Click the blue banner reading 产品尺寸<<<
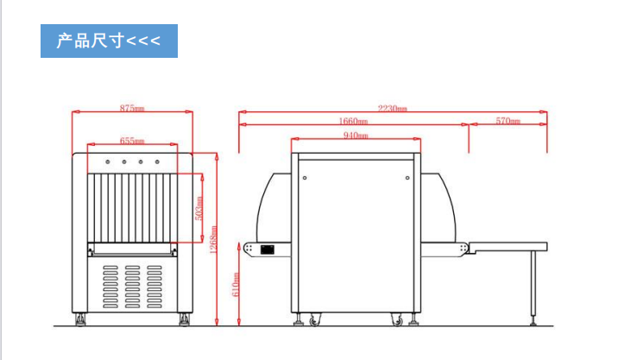pyautogui.click(x=109, y=41)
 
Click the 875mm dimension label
pyautogui.click(x=132, y=108)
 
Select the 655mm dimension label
pyautogui.click(x=132, y=141)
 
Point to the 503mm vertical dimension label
pyautogui.click(x=199, y=208)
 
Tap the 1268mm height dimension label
pyautogui.click(x=214, y=239)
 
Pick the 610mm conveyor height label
pyautogui.click(x=236, y=285)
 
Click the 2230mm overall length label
pyautogui.click(x=393, y=109)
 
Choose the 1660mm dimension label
pyautogui.click(x=353, y=122)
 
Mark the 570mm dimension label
pyautogui.click(x=508, y=121)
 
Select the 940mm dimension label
pyautogui.click(x=356, y=136)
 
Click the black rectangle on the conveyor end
pyautogui.click(x=268, y=249)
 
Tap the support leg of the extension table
pyautogui.click(x=533, y=287)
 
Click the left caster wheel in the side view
pyautogui.click(x=314, y=319)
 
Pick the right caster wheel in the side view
pyautogui.click(x=397, y=319)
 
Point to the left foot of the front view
pyautogui.click(x=80, y=319)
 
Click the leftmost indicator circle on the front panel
pyautogui.click(x=108, y=162)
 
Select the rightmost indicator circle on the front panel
pyautogui.click(x=157, y=162)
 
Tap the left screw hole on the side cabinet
pyautogui.click(x=305, y=178)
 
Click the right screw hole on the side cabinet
pyautogui.click(x=407, y=178)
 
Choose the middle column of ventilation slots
pyautogui.click(x=132, y=287)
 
